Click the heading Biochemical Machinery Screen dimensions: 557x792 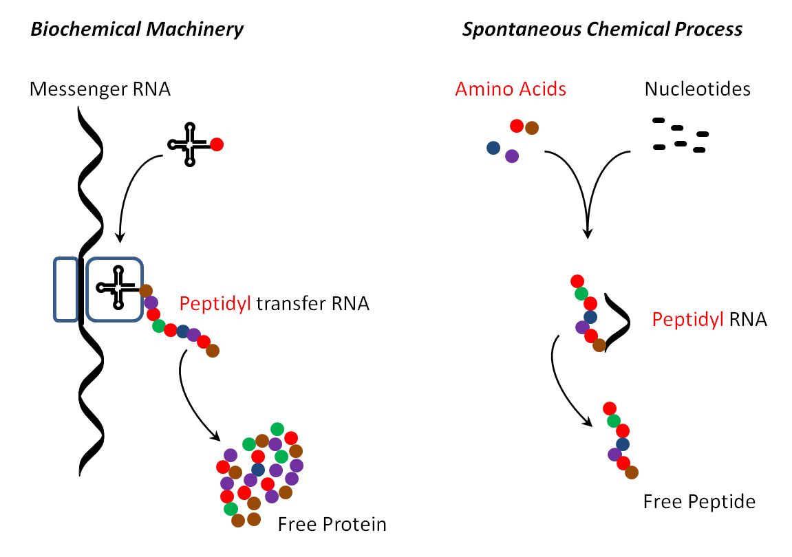(136, 30)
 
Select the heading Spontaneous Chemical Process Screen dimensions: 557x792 (602, 30)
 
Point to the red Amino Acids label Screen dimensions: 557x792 (511, 89)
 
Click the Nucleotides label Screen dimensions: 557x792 (697, 89)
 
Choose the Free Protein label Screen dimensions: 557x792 (332, 525)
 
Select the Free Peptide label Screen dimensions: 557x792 (698, 502)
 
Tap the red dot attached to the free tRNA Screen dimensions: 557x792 (216, 144)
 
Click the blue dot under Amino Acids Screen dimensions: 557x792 (493, 147)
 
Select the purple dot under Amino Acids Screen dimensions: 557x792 (511, 156)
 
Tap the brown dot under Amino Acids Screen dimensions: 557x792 (532, 128)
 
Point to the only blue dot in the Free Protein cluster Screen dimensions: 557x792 (258, 469)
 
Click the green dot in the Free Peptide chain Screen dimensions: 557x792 (614, 420)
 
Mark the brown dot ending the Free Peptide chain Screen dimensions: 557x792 (631, 472)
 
